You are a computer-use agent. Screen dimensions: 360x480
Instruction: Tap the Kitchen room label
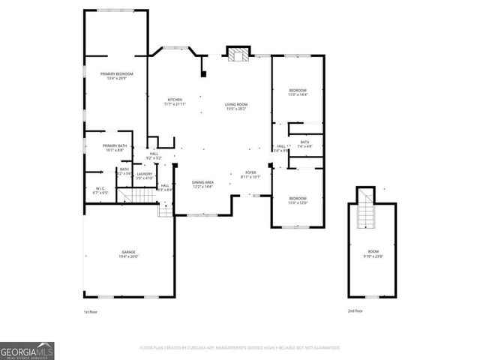(x=175, y=102)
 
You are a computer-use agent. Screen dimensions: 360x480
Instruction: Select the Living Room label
(x=236, y=106)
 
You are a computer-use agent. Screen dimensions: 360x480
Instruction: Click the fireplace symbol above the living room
(x=239, y=54)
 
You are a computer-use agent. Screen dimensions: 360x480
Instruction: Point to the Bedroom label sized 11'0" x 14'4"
(x=298, y=92)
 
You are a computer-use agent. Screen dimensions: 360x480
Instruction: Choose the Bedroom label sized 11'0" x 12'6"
(x=298, y=200)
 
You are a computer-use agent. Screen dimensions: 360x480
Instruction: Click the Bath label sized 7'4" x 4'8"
(x=304, y=144)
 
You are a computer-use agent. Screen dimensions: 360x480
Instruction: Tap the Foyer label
(x=250, y=175)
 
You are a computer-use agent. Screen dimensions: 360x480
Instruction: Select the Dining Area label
(x=202, y=184)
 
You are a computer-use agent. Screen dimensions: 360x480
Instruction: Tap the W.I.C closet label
(x=100, y=190)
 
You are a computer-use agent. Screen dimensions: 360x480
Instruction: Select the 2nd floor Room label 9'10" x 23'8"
(x=373, y=254)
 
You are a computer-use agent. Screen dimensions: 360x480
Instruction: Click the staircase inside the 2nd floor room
(x=365, y=215)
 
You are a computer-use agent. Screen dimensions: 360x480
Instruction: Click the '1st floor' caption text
(x=90, y=310)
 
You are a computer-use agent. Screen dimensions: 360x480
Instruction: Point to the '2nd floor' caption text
(x=355, y=310)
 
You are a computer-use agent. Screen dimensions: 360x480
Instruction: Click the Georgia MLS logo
(x=27, y=350)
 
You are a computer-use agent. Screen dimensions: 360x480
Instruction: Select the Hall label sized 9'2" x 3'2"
(x=153, y=156)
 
